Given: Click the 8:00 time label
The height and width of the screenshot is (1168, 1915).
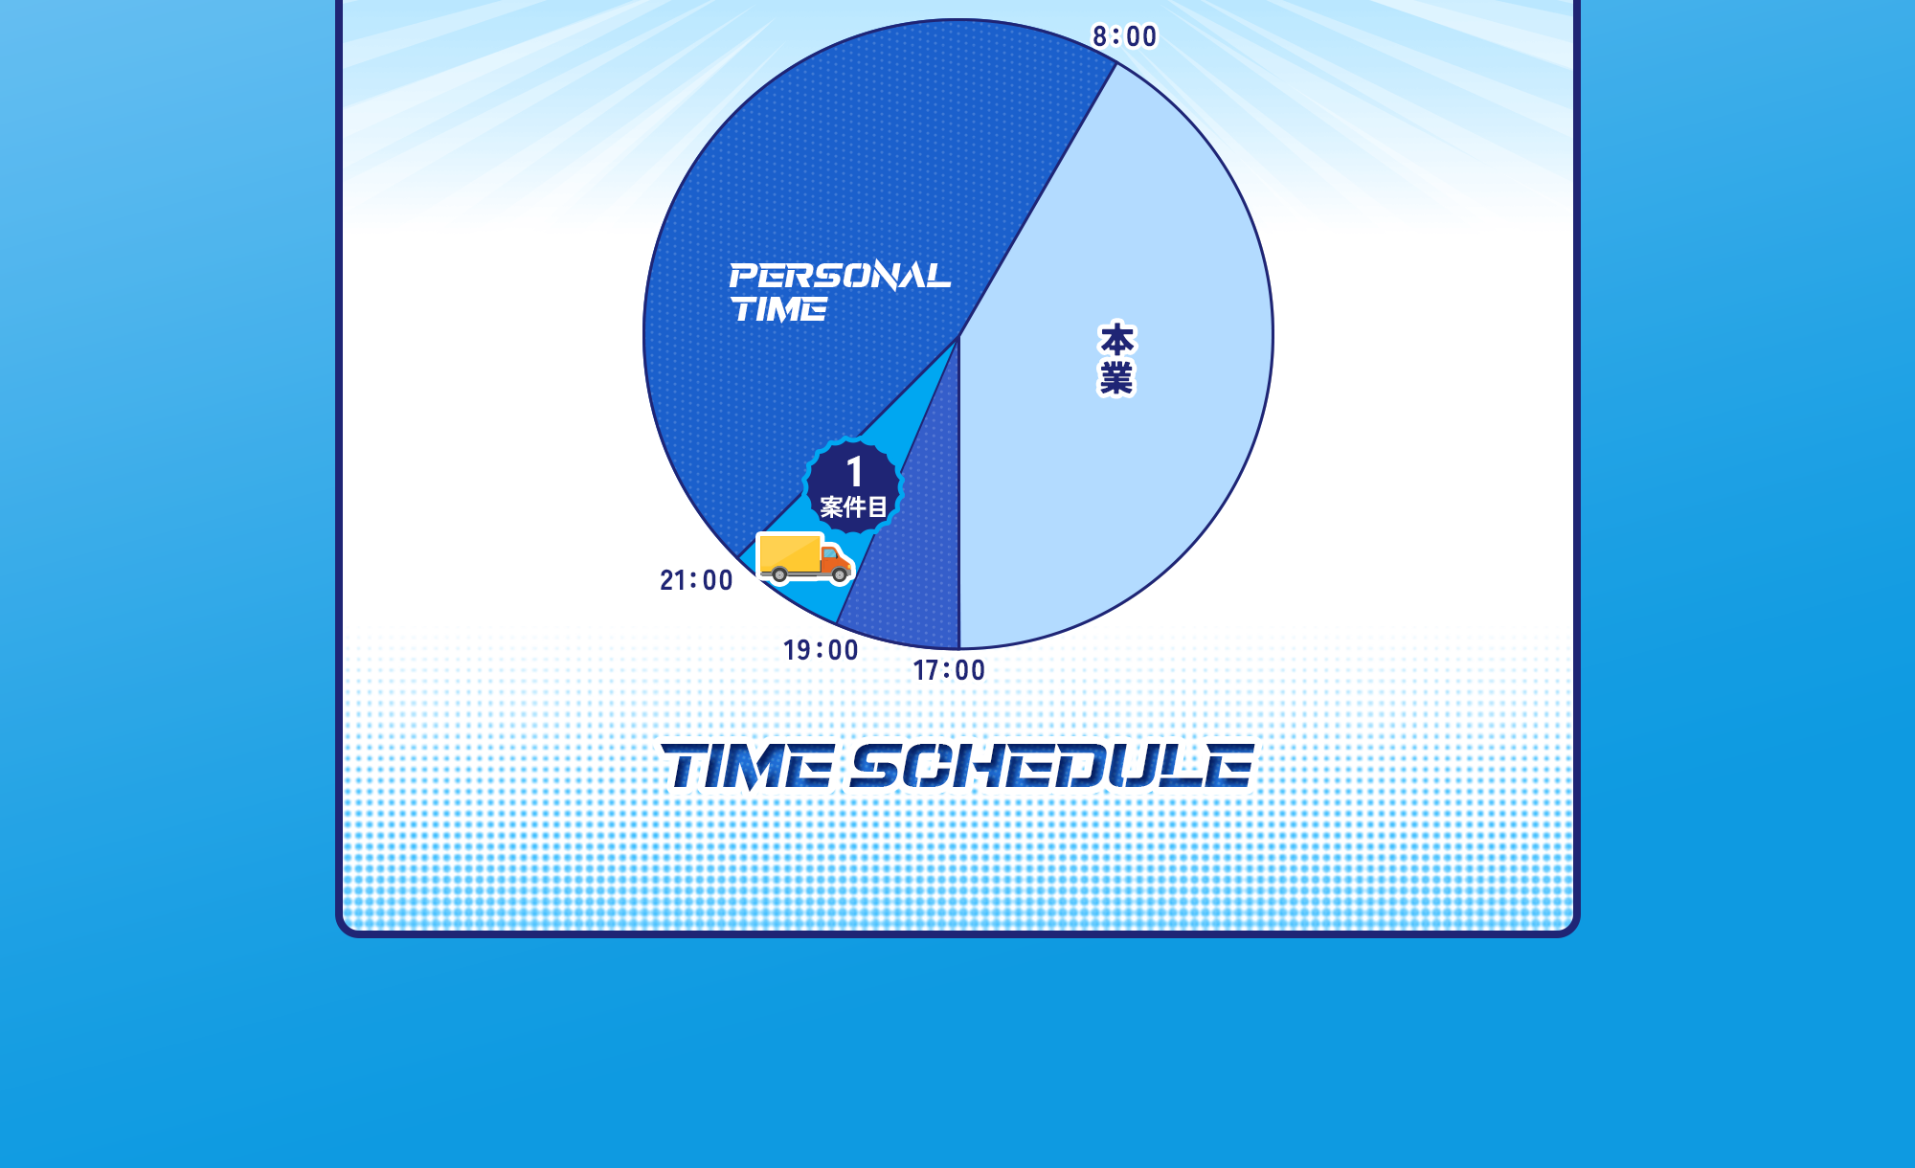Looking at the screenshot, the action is [x=1125, y=36].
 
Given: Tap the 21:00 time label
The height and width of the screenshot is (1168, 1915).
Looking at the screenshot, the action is [x=696, y=580].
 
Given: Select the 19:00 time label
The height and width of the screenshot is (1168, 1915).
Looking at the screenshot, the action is [x=821, y=650].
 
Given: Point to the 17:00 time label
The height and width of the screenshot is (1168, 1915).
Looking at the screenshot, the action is [x=949, y=670].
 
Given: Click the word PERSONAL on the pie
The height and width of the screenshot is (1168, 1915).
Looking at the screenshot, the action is [x=840, y=276].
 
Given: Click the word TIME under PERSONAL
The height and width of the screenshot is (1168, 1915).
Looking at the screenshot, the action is [x=779, y=309].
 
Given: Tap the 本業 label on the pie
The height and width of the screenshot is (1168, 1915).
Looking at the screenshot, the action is [x=1116, y=359].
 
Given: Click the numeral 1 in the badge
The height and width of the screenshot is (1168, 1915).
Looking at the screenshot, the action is [x=855, y=472].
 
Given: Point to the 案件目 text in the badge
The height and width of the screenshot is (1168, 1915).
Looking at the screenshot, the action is [x=853, y=506].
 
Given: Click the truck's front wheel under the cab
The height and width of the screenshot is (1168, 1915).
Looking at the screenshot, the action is [x=840, y=575].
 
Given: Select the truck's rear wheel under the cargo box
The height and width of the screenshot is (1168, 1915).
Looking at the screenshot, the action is [x=779, y=574].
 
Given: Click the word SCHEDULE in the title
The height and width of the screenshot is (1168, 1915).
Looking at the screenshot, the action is [x=1051, y=767].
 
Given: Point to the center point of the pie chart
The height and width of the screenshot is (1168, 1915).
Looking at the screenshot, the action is [x=958, y=337].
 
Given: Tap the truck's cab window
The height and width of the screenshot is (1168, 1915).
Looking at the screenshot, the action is [x=829, y=553].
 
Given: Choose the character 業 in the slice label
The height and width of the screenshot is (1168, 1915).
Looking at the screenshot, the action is [x=1116, y=378].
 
